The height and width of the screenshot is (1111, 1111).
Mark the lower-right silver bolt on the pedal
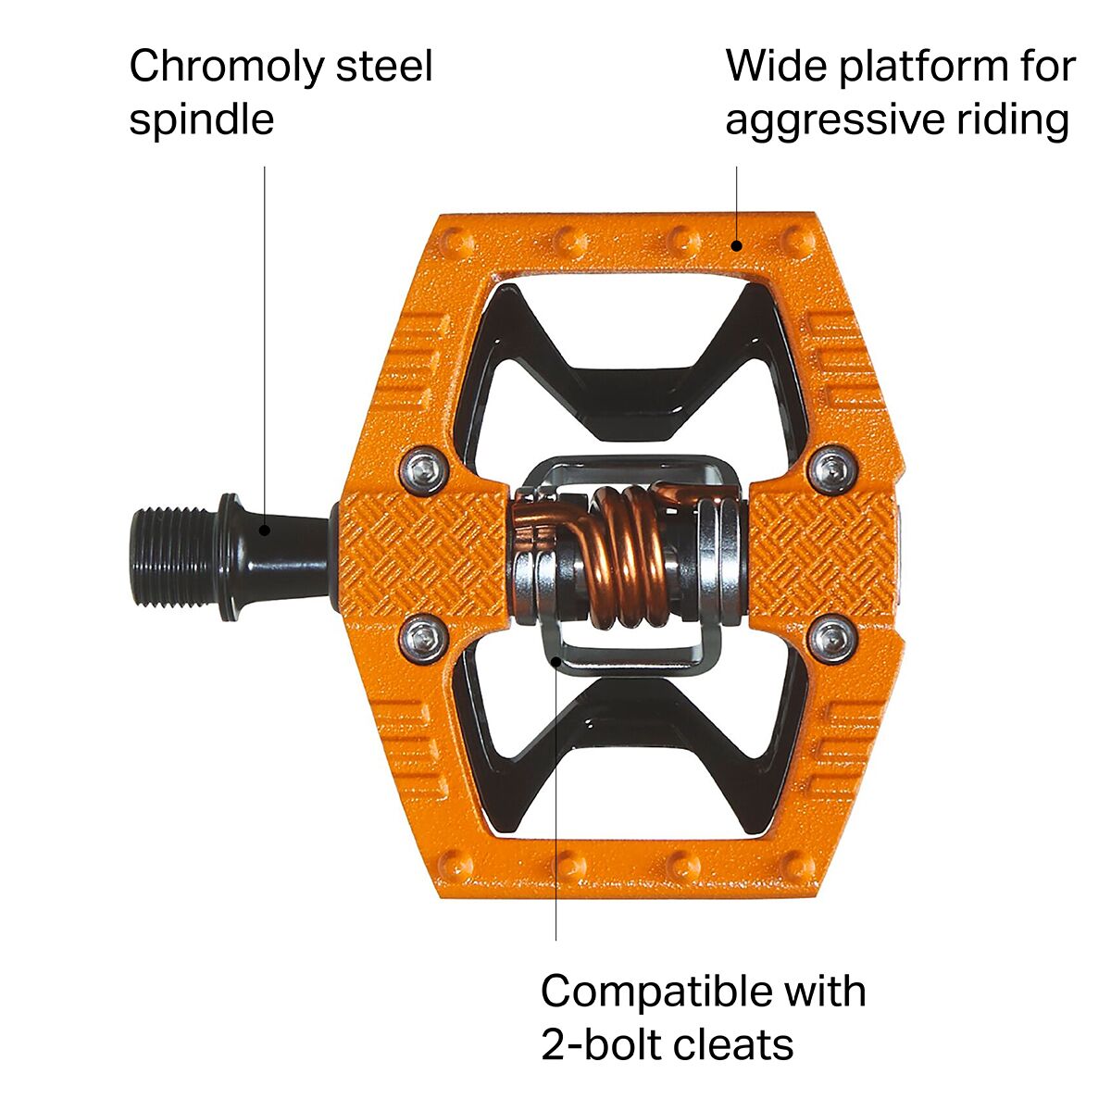(x=830, y=635)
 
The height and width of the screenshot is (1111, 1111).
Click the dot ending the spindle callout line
(x=265, y=530)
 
